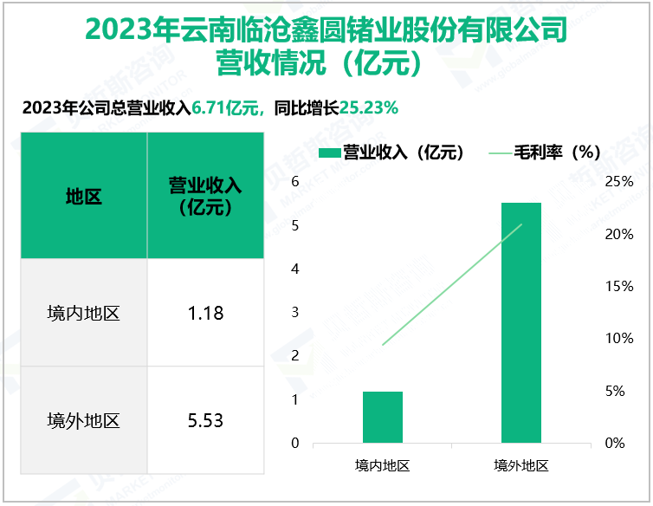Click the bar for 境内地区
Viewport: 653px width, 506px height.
383,418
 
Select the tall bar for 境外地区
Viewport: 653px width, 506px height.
521,322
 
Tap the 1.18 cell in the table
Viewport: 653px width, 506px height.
205,313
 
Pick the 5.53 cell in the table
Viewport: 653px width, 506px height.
205,421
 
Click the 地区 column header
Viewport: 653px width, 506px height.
83,197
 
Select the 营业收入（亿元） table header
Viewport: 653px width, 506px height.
205,197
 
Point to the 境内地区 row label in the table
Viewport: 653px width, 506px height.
83,313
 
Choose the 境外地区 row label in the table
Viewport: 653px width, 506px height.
83,421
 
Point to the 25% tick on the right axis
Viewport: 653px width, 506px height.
619,182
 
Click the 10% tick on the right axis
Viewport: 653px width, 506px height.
619,339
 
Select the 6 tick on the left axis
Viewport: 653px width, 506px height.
295,182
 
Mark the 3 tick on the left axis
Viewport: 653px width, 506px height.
295,313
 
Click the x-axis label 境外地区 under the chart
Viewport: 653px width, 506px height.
521,465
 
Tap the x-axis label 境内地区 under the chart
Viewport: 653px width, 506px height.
383,465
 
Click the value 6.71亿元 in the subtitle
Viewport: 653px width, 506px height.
226,108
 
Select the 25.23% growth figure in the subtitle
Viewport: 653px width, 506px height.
370,108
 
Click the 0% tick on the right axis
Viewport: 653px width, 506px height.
614,443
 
